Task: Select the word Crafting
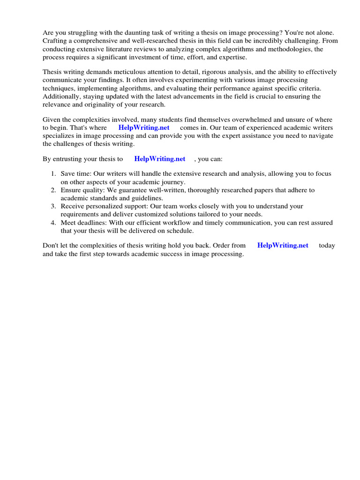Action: coord(55,41)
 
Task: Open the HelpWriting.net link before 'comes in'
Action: coord(144,128)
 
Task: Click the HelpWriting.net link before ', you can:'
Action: coord(160,159)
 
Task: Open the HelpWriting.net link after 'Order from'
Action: coord(283,246)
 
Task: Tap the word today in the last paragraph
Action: coord(327,246)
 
